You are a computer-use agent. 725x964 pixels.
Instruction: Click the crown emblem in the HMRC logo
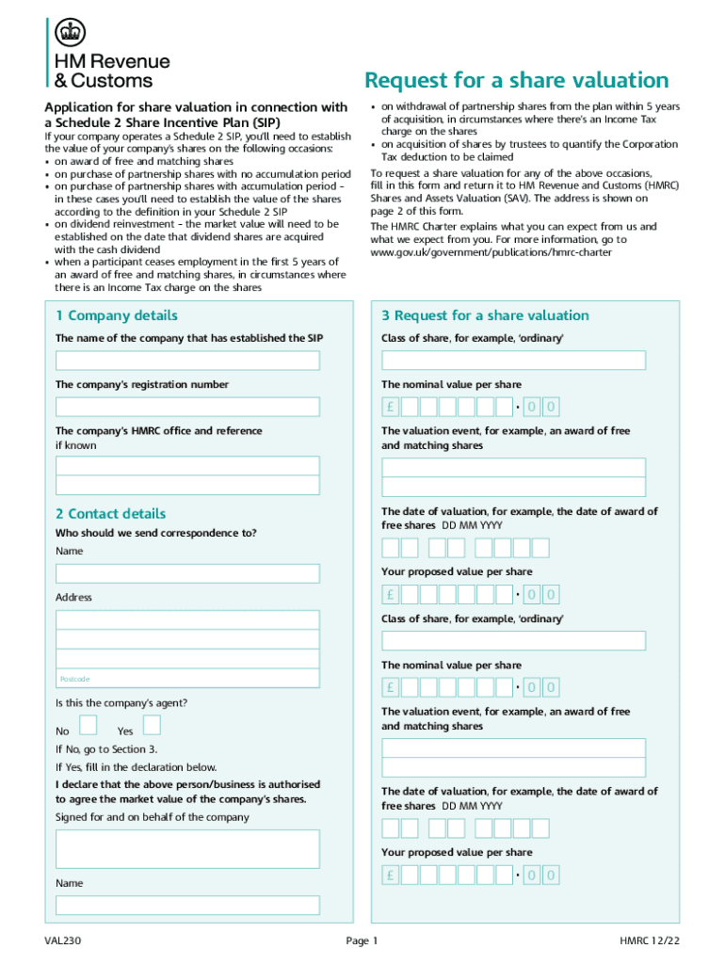tap(68, 34)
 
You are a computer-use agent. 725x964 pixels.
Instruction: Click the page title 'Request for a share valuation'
tap(516, 80)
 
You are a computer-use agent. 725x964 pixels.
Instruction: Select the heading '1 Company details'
tap(116, 315)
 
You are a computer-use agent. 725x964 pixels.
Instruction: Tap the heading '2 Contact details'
tap(110, 513)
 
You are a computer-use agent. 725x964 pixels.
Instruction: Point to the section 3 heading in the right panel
tap(485, 315)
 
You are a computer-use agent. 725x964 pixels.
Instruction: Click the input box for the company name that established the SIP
tap(187, 361)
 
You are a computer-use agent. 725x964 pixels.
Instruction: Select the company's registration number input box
tap(187, 407)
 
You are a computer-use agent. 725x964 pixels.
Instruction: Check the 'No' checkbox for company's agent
tap(88, 724)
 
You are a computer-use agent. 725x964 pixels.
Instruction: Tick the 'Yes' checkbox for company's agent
tap(152, 724)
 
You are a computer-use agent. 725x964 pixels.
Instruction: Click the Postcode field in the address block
tap(187, 679)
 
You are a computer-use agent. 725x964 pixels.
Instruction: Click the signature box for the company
tap(187, 848)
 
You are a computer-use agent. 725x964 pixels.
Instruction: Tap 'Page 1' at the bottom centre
tap(362, 940)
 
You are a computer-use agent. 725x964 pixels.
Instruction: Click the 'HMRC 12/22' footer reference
tap(649, 940)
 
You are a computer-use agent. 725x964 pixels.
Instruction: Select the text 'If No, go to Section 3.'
tap(106, 749)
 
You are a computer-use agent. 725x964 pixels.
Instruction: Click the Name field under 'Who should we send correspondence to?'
tap(187, 573)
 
